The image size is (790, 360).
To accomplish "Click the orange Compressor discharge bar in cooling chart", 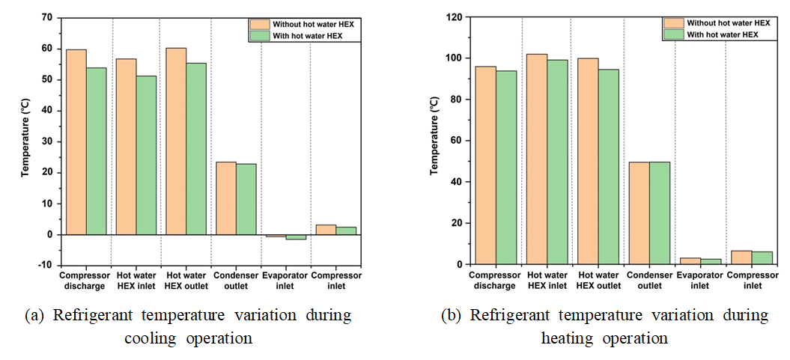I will coord(76,142).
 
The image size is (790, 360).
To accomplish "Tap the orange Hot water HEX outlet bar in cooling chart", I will coord(176,141).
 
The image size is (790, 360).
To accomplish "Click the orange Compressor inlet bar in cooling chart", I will coord(326,230).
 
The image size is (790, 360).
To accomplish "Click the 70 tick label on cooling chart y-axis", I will coord(47,17).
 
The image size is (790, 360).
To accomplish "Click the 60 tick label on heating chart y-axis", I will coord(456,141).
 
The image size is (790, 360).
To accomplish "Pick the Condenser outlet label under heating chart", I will coord(648,281).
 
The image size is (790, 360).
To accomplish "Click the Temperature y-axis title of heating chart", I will coord(434,141).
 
